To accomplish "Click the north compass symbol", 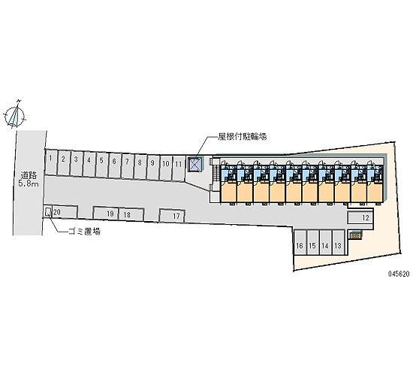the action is (x=14, y=115).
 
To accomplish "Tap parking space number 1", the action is (x=51, y=162).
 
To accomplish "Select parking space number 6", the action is (x=115, y=165).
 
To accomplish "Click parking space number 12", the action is (x=360, y=217).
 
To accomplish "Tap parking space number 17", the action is (x=172, y=216).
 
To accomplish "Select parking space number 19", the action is (x=106, y=213).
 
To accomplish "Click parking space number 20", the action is (x=65, y=211).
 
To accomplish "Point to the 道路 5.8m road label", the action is (x=29, y=179).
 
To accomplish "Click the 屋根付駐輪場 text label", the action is (x=242, y=136).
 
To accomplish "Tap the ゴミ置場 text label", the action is (x=84, y=232).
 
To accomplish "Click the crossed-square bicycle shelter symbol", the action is (x=195, y=165).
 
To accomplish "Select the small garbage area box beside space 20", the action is (x=47, y=211).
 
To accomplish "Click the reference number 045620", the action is (x=399, y=274).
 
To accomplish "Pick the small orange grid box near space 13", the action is (x=355, y=235).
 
